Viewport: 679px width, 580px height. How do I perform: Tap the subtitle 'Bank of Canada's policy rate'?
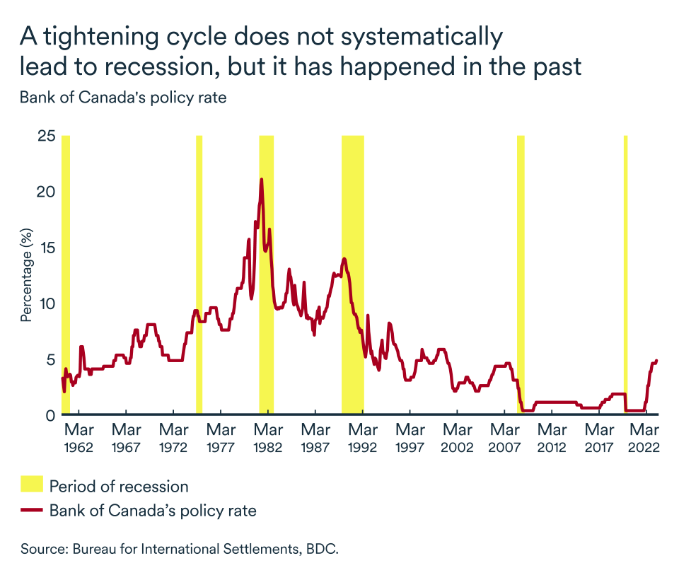pos(123,98)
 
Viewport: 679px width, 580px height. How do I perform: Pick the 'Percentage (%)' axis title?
pos(26,275)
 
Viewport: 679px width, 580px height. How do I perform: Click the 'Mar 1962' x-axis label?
pos(79,439)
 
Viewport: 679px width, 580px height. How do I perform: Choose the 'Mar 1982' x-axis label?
pos(269,439)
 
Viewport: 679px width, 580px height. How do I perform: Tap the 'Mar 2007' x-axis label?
pos(505,439)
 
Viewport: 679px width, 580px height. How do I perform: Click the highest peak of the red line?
pos(262,180)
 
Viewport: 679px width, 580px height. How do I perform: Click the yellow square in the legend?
pos(31,486)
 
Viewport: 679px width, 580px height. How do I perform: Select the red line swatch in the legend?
pos(31,510)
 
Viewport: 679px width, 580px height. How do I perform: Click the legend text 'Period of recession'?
pos(119,487)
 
